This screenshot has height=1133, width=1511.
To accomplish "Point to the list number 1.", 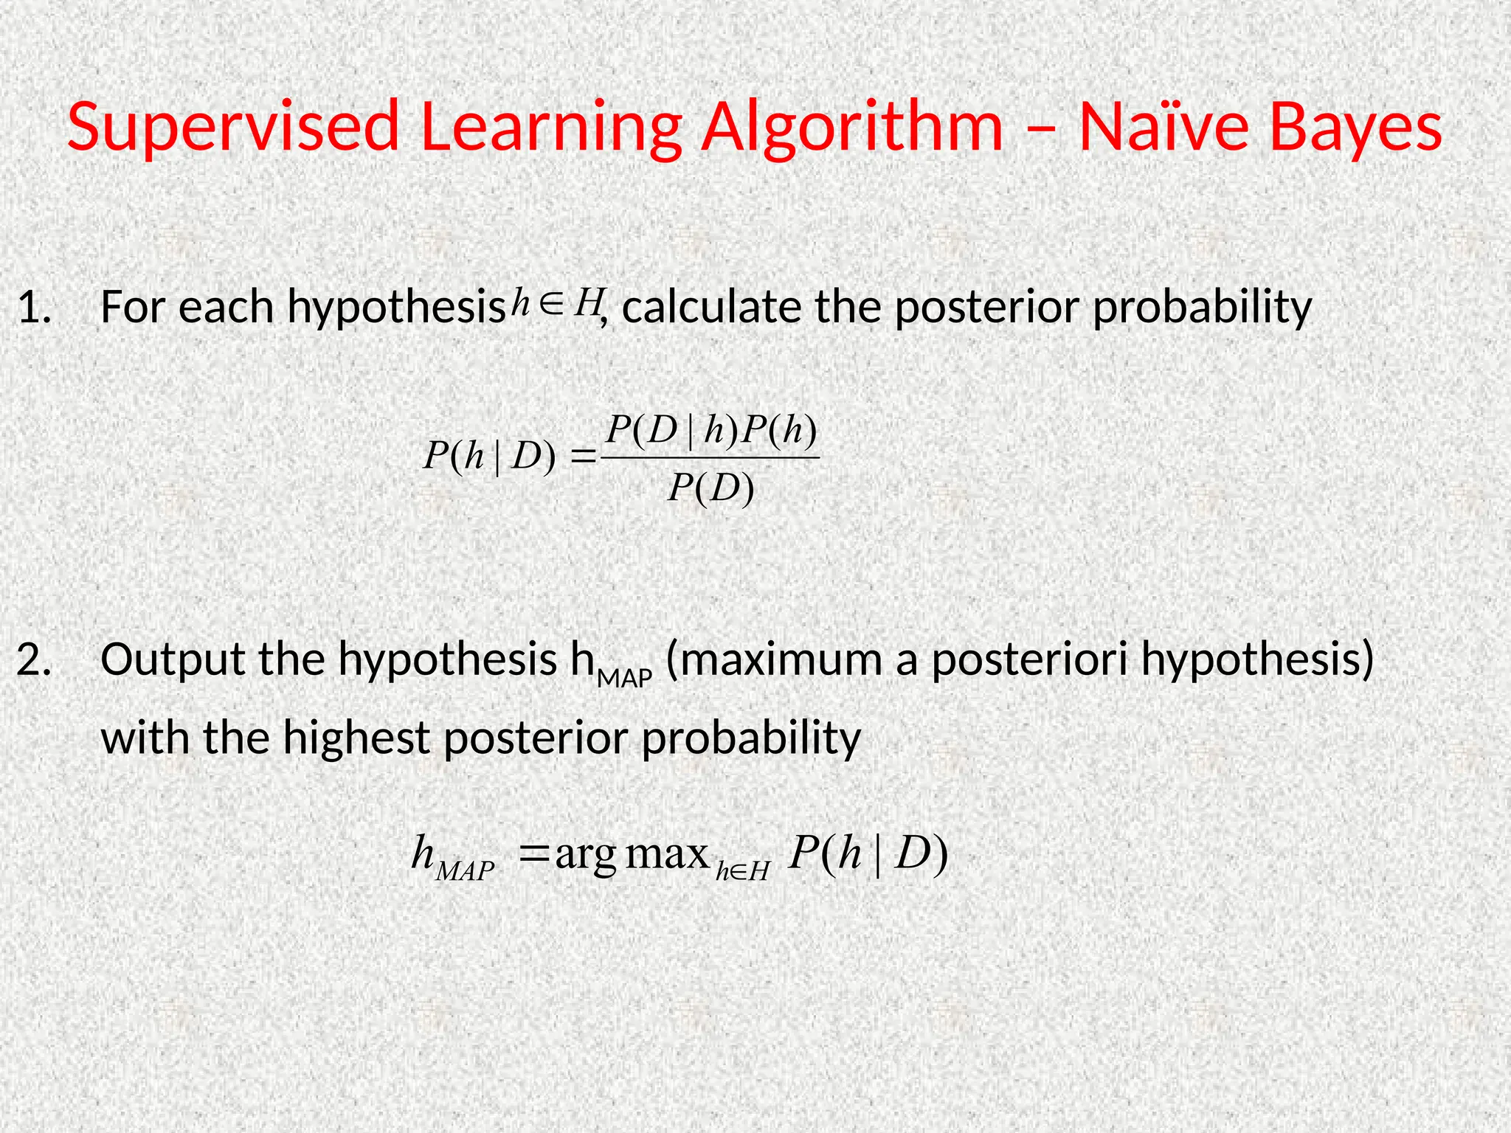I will (x=34, y=308).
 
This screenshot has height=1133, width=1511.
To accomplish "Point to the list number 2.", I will (x=34, y=660).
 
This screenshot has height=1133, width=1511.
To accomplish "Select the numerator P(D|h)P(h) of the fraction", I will (x=711, y=431).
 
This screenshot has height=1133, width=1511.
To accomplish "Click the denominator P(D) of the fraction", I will (x=711, y=488).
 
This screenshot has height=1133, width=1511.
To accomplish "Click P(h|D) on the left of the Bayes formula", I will (x=488, y=457).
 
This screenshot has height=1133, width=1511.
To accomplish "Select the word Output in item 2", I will (x=173, y=660).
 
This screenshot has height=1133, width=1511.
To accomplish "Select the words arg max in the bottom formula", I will (x=632, y=855).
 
